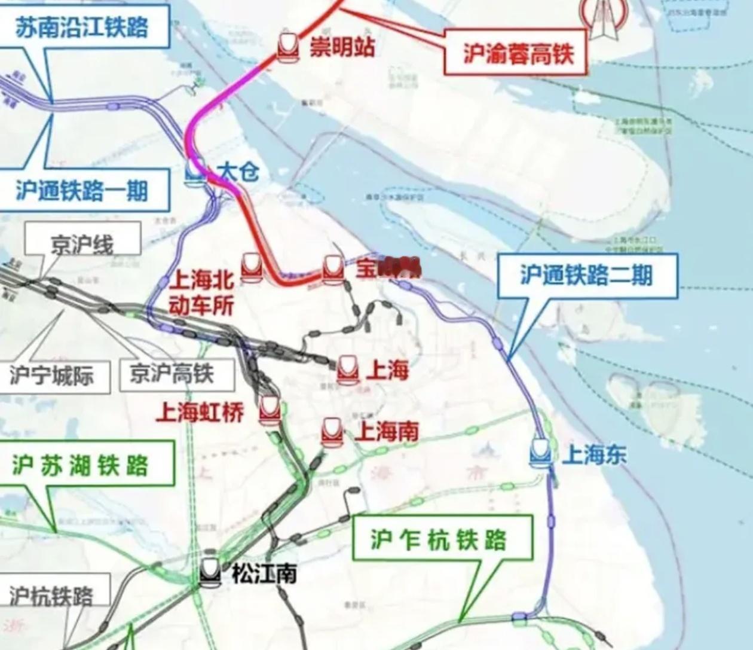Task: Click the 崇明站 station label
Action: point(342,47)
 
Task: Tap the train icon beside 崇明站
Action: point(288,47)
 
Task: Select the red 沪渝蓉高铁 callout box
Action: point(515,54)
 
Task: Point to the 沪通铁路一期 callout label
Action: point(82,191)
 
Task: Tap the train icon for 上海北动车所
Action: point(252,267)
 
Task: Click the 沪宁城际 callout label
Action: point(52,376)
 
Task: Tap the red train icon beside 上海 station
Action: point(347,370)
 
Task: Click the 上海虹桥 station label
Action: point(200,412)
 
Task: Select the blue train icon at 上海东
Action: point(541,453)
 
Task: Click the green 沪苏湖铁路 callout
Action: point(81,465)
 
